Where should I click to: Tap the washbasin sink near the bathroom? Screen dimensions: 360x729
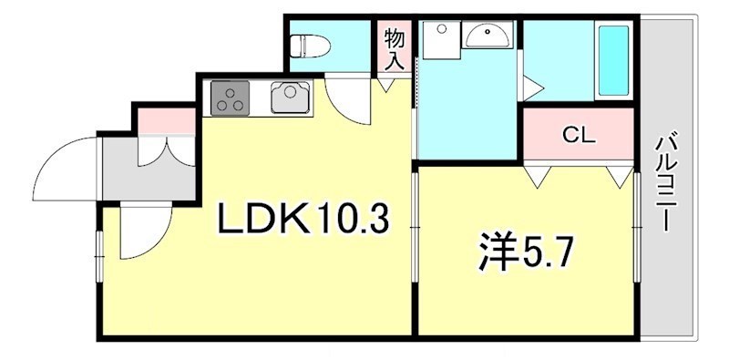point(488,37)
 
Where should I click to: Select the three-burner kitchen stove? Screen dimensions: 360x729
point(230,98)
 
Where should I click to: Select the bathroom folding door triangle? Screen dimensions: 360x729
point(532,87)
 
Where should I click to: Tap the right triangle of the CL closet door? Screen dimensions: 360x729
point(621,175)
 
